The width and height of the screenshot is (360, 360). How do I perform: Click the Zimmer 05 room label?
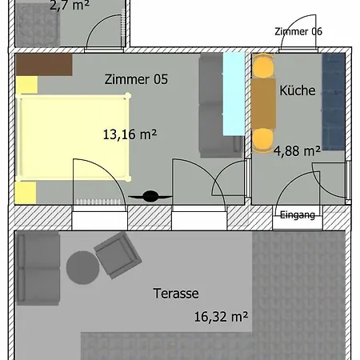click(x=136, y=79)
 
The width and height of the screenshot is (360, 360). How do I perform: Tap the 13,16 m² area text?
click(x=130, y=134)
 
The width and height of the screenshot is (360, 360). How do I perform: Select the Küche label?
click(x=298, y=90)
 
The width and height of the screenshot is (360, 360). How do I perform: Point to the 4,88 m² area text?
click(x=297, y=151)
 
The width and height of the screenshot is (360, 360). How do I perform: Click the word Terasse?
click(x=176, y=294)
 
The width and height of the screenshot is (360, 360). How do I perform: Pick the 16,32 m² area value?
click(x=221, y=317)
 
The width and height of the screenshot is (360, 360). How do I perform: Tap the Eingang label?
click(x=298, y=214)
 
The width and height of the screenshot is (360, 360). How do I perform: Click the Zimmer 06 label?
click(x=298, y=31)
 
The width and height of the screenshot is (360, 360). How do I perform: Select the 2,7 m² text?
click(x=70, y=6)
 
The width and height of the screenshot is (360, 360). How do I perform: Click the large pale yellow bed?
click(x=73, y=137)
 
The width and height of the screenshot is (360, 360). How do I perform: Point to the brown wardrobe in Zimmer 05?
click(x=44, y=65)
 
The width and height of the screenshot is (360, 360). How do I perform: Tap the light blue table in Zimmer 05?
click(x=234, y=94)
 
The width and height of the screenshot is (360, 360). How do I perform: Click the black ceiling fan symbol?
click(x=150, y=196)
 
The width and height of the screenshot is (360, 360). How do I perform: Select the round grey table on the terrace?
click(x=82, y=267)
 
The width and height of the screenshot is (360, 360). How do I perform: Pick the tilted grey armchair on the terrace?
click(x=118, y=255)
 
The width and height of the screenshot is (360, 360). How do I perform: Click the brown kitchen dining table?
click(x=263, y=103)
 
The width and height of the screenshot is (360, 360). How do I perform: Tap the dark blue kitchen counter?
click(x=334, y=102)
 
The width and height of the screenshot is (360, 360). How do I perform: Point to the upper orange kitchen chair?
click(x=263, y=66)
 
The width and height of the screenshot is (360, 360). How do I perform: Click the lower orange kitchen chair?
click(x=263, y=141)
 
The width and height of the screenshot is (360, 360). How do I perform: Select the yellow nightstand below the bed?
click(x=26, y=193)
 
